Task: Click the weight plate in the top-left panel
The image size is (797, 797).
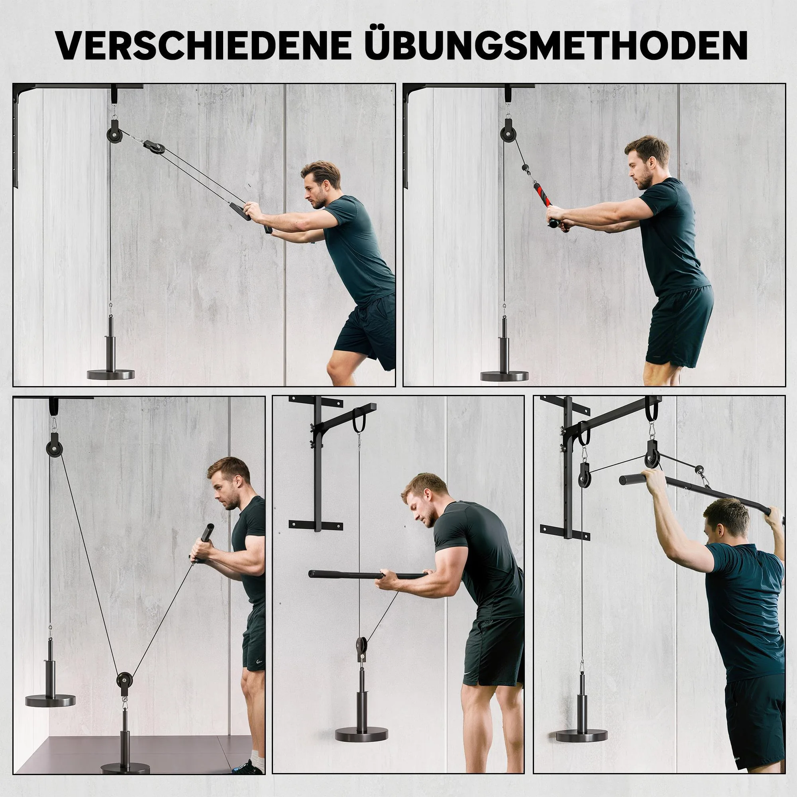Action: pos(110,374)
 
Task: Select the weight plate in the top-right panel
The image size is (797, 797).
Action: pos(504,376)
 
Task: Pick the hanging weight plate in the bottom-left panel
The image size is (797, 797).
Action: pos(50,701)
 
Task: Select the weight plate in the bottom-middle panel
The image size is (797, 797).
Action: pos(362,734)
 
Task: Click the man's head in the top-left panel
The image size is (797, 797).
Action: pos(320,185)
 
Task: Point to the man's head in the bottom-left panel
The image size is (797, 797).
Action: pos(228,482)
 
